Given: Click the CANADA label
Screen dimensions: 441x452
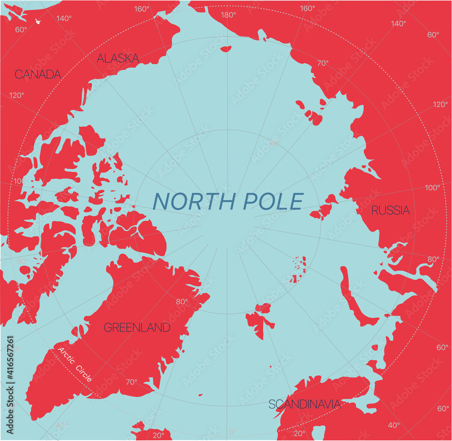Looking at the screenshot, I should [x=38, y=74].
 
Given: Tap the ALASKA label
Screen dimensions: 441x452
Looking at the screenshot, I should [x=118, y=58].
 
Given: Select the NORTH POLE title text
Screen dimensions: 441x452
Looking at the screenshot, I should [x=228, y=201].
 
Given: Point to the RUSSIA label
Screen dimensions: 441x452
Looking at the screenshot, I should [x=391, y=210].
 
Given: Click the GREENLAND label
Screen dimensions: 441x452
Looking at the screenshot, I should [x=137, y=327].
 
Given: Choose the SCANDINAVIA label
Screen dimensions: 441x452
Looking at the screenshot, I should [x=304, y=404].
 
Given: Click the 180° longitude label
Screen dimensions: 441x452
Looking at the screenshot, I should [x=228, y=14].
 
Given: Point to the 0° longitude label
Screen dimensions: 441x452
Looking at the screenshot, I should [x=232, y=432].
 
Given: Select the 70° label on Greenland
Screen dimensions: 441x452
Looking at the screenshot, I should [x=131, y=382].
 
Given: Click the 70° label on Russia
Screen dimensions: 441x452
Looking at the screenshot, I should [x=322, y=63].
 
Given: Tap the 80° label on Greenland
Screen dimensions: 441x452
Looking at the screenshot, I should [x=182, y=302].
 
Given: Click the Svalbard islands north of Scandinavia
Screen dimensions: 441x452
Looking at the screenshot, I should [x=260, y=319].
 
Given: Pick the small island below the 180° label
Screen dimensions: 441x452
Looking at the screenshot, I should [x=226, y=48].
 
